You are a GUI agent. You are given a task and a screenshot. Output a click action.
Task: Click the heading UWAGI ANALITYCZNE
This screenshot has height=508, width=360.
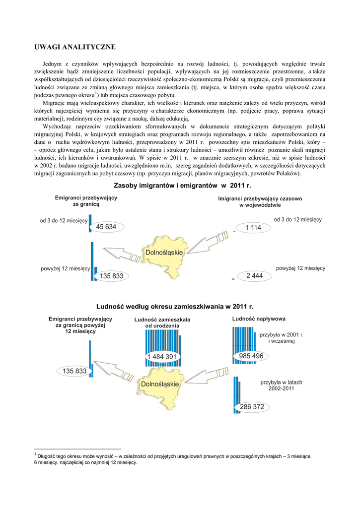74,47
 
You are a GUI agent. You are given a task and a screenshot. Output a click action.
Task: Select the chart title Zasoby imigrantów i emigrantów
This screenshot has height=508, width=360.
183,186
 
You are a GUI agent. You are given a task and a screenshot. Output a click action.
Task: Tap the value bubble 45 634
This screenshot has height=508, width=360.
106,227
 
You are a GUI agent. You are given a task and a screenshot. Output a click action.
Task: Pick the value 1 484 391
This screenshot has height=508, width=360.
161,357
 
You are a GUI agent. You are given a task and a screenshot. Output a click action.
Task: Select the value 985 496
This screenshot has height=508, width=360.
251,356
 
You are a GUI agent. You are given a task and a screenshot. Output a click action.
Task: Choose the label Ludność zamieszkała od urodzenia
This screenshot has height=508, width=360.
162,322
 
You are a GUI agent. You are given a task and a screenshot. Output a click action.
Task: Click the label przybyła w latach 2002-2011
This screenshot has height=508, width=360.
281,385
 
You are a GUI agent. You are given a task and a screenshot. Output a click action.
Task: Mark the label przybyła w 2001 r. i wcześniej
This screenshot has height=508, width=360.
281,338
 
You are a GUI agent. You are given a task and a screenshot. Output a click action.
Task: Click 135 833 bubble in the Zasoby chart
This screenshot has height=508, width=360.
111,276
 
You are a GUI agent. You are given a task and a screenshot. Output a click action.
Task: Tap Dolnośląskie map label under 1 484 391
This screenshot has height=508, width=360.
160,384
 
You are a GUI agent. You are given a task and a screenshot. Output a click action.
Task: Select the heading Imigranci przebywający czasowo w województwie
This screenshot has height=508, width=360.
260,201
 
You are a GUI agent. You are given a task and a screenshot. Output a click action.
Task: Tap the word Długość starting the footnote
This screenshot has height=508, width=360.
49,456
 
